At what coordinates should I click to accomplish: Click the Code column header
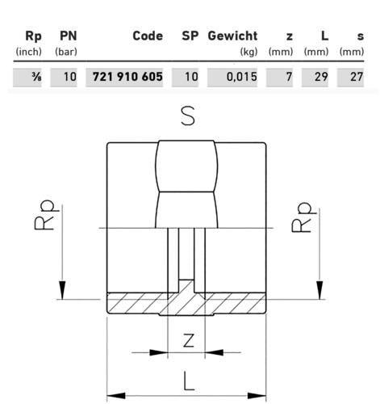coord(148,36)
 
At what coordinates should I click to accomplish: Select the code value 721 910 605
coord(127,77)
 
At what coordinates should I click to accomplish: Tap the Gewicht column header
coord(232,36)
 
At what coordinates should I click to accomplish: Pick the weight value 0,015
coord(242,77)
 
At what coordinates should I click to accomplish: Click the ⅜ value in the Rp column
coord(36,77)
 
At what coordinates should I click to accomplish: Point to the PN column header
coord(69,36)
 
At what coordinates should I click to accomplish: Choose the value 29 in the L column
coord(321,77)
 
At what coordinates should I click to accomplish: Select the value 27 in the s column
coord(357,77)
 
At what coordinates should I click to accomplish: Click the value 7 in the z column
coord(289,77)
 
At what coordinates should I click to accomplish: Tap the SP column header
coord(190,36)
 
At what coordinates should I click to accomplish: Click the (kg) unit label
coord(248,52)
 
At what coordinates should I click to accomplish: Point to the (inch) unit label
coord(29,52)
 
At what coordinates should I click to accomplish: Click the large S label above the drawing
coord(188,116)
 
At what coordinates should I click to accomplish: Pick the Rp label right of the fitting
coord(303,217)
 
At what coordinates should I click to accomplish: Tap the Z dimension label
coord(189,340)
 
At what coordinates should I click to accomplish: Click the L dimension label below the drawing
coord(189,381)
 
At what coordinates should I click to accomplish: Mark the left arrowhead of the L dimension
coord(116,396)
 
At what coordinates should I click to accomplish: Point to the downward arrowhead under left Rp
coord(62,290)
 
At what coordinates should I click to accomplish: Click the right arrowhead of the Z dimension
coord(214,352)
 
